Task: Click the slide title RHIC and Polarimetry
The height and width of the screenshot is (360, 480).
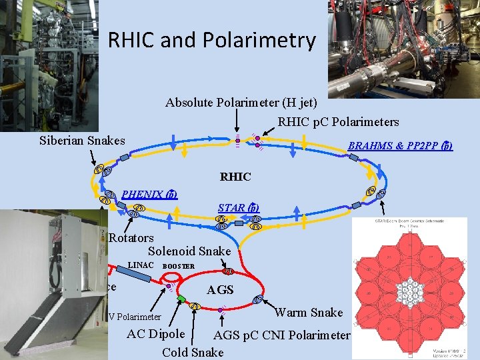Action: click(211, 41)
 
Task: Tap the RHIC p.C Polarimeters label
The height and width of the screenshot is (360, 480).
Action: click(338, 122)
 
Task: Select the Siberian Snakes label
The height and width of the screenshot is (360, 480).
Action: click(82, 141)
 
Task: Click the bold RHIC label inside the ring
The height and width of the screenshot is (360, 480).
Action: click(235, 177)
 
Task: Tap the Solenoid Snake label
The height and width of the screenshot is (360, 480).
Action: click(189, 251)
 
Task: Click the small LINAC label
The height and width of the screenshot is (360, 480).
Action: click(141, 265)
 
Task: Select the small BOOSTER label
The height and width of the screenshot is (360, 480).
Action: click(179, 266)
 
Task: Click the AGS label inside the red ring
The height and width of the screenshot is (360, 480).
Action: click(220, 290)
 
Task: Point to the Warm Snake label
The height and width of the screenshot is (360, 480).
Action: click(309, 312)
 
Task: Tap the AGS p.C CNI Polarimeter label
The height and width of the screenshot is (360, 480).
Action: click(281, 335)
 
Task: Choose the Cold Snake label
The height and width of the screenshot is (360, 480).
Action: click(193, 351)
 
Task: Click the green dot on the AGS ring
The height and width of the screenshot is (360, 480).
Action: click(181, 299)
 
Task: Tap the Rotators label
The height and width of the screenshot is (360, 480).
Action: click(131, 238)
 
